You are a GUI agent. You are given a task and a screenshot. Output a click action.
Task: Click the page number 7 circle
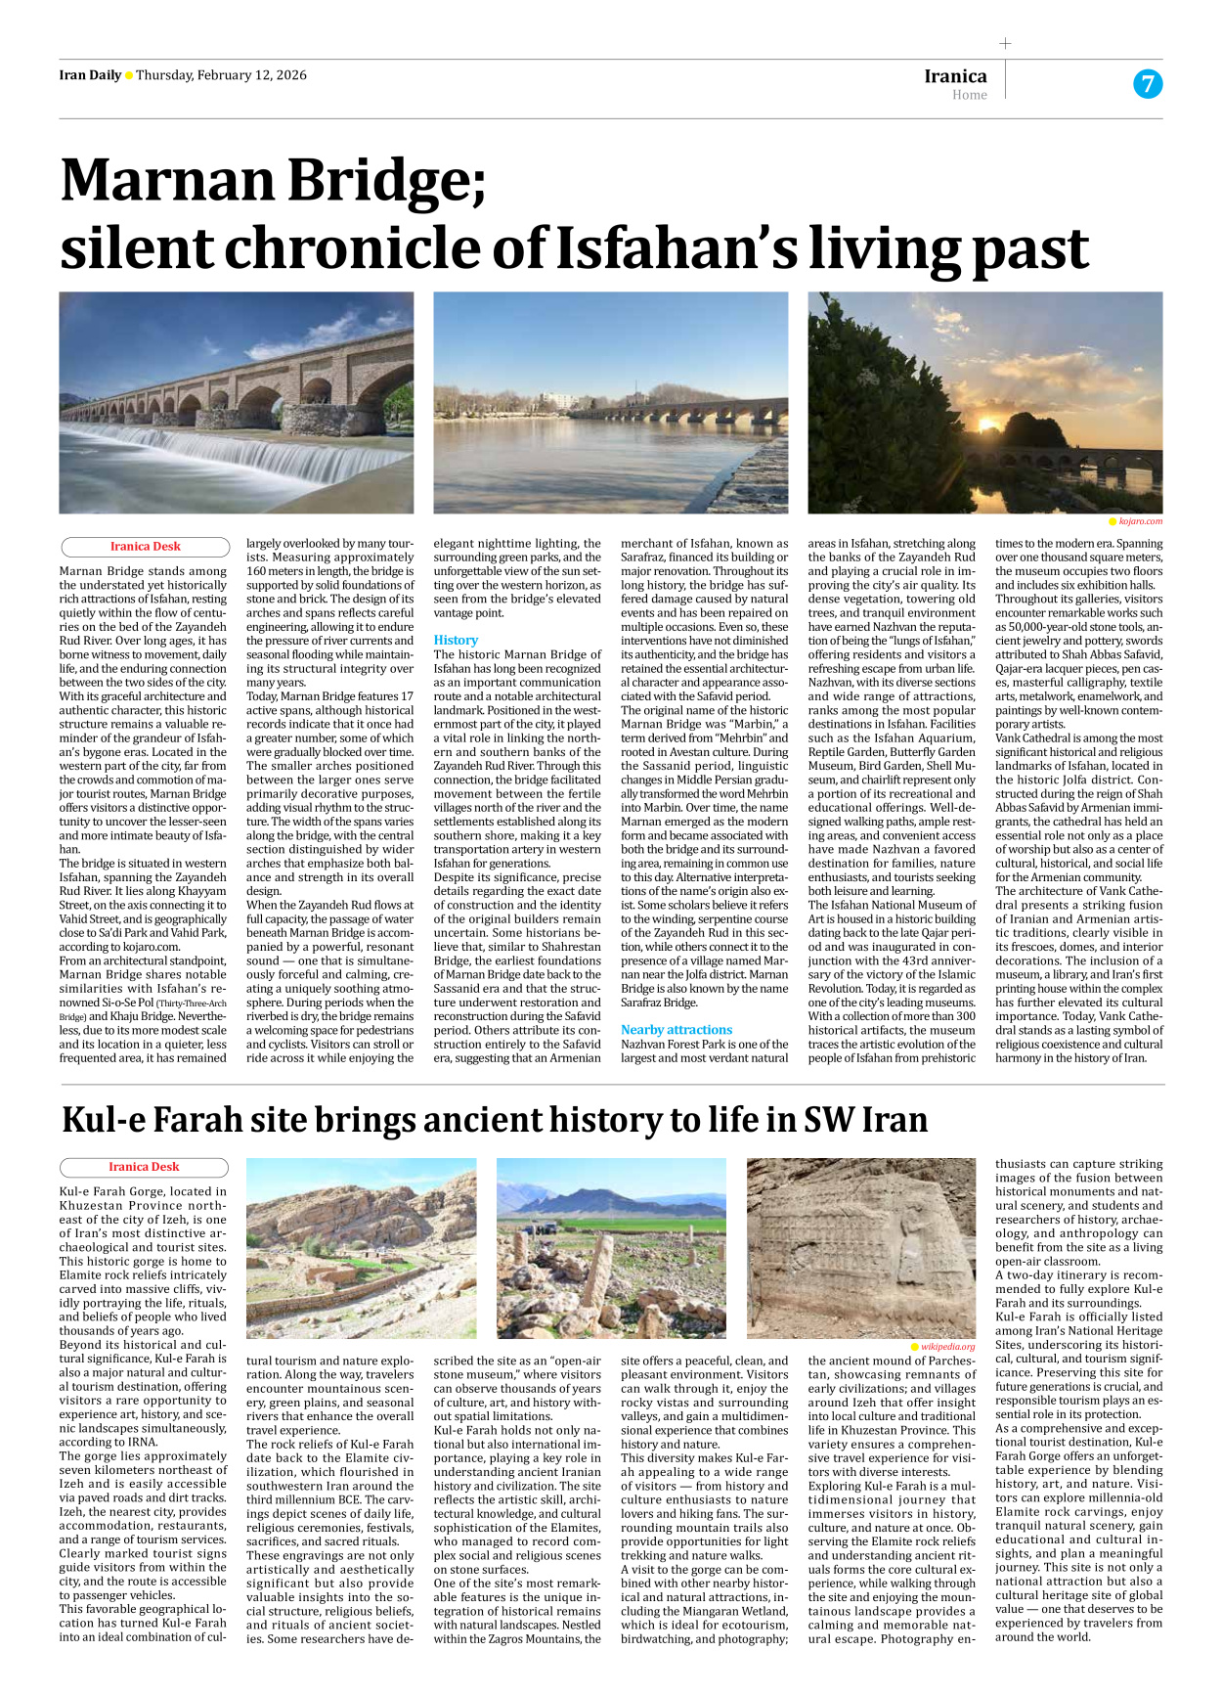(1148, 84)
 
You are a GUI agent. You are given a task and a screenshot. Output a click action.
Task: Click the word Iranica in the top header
(955, 75)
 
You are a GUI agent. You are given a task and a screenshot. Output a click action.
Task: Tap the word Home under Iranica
(969, 95)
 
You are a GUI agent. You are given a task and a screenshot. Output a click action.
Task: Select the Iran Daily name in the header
(90, 75)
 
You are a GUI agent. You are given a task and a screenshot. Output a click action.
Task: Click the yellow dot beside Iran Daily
(129, 76)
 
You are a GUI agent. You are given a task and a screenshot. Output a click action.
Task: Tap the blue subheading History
(456, 640)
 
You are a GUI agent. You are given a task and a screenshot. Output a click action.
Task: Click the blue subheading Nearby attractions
(676, 1030)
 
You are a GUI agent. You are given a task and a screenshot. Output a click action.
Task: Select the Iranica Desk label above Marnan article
(145, 547)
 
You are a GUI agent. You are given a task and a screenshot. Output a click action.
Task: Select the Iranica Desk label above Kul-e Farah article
(144, 1167)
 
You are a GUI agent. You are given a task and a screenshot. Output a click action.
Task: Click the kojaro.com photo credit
(1140, 521)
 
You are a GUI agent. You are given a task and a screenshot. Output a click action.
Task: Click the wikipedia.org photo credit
(947, 1347)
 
